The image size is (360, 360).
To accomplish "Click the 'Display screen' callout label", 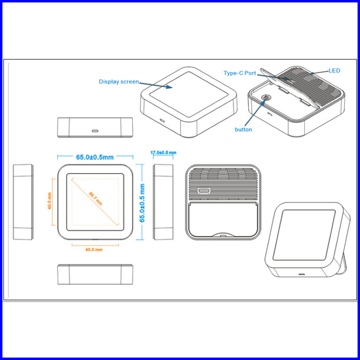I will click(x=119, y=81).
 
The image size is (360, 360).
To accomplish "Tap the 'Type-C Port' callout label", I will click(x=240, y=73).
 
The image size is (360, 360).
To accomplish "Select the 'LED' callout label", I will click(x=334, y=71).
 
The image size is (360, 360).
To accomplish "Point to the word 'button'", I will click(x=243, y=129).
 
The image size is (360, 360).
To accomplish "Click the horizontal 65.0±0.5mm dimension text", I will click(x=95, y=157).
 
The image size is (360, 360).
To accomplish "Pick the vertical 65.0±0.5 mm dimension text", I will click(x=142, y=202).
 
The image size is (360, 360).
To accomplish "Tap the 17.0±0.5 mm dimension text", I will click(x=163, y=153).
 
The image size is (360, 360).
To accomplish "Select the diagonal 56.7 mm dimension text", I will click(x=96, y=198).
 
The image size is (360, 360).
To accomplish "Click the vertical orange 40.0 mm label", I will click(x=49, y=201).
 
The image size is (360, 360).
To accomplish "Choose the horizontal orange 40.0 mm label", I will click(x=94, y=250).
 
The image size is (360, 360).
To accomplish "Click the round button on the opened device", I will click(x=266, y=98).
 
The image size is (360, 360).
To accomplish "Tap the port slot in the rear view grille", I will click(x=204, y=190).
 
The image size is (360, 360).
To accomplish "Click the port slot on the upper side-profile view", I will click(x=95, y=131).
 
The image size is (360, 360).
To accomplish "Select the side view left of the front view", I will click(x=22, y=202).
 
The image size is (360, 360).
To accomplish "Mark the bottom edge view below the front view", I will click(x=95, y=275).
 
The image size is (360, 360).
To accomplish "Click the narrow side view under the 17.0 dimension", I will click(x=163, y=202).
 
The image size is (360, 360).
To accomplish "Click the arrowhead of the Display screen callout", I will click(x=171, y=88).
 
